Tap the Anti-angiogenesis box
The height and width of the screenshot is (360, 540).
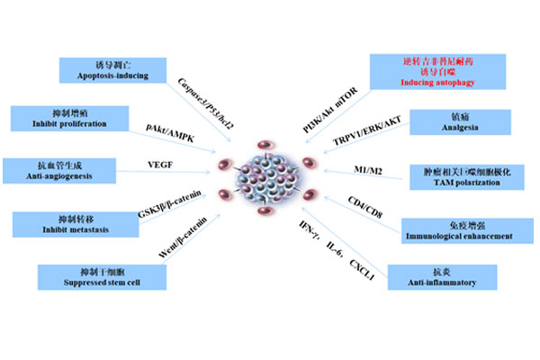[47, 171]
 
